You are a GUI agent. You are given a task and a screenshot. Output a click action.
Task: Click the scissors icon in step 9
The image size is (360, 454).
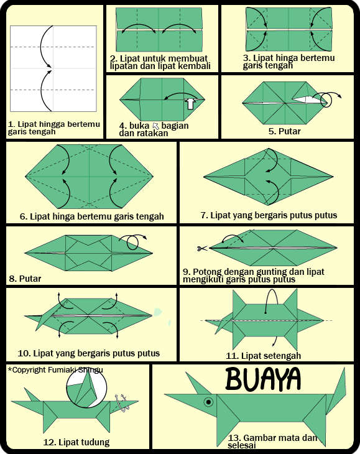tap(201, 249)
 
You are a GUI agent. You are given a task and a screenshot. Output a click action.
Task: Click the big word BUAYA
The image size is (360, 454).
tap(263, 379)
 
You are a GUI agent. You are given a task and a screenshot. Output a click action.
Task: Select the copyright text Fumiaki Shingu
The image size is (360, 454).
tap(55, 369)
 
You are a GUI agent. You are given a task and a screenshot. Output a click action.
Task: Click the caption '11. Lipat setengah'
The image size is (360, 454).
tap(263, 356)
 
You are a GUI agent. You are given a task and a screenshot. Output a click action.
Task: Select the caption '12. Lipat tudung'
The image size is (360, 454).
tap(76, 443)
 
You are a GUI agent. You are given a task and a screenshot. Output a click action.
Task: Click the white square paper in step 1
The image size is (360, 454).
tap(53, 69)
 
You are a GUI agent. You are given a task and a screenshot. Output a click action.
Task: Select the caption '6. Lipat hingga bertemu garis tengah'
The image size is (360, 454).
tap(92, 216)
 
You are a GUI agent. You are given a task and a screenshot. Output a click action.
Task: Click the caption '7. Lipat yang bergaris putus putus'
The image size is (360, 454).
tap(269, 215)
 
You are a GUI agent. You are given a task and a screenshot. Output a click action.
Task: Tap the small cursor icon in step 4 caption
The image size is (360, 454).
tap(156, 126)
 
